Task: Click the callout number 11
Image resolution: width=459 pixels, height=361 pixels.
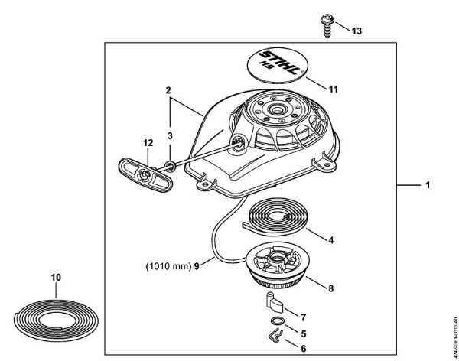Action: pos(332,89)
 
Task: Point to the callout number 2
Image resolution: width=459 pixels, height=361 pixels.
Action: pos(167,90)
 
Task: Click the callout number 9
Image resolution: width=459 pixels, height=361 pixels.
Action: pos(197,265)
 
